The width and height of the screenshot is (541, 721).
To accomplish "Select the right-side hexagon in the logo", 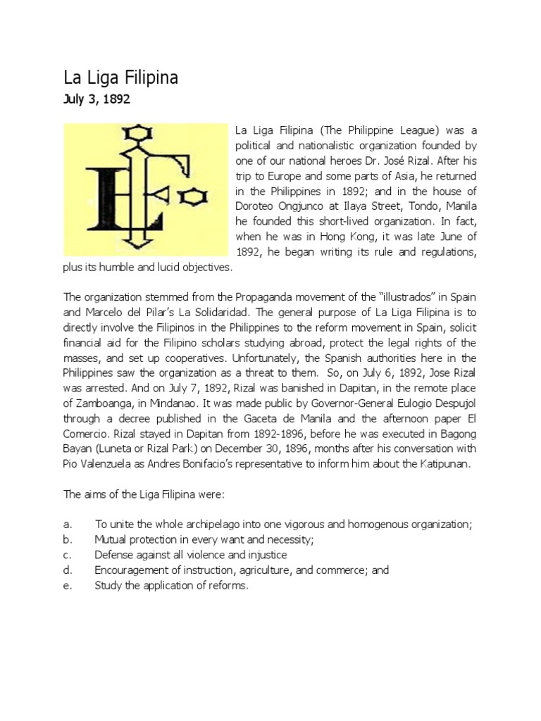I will (189, 199).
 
